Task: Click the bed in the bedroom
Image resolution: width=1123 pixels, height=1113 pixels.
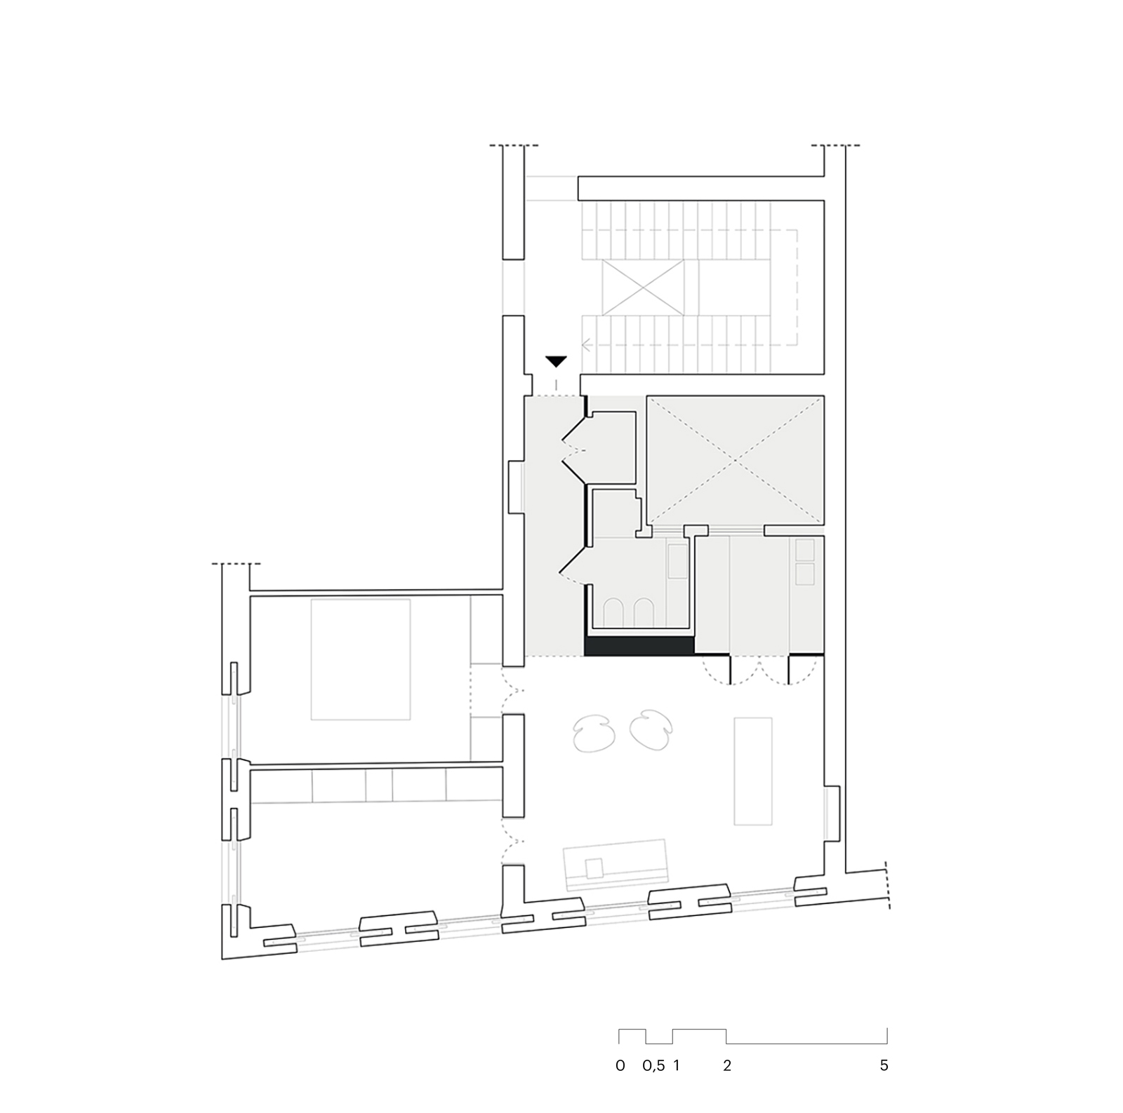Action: click(361, 659)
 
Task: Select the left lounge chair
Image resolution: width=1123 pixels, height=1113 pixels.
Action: click(594, 734)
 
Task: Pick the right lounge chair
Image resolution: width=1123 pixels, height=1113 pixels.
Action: click(652, 732)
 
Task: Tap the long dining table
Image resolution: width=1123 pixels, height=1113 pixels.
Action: click(753, 771)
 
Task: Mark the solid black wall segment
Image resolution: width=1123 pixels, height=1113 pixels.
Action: click(639, 646)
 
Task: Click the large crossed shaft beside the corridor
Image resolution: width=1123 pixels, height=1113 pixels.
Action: click(734, 461)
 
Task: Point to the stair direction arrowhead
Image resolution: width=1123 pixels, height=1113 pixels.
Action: click(585, 345)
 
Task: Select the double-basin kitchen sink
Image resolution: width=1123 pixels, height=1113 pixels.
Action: click(805, 562)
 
